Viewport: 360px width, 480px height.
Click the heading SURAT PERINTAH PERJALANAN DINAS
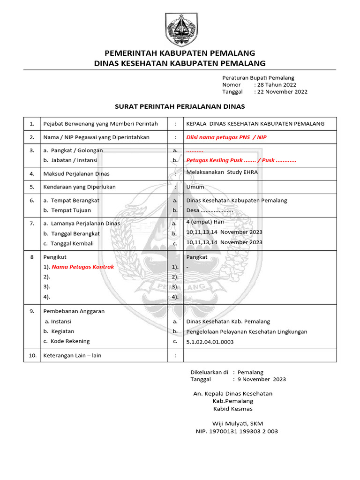[x=180, y=106]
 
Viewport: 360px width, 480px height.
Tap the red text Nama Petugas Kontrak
[x=82, y=267]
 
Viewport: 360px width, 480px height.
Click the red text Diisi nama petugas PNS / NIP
[x=226, y=137]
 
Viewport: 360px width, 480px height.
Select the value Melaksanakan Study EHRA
[x=222, y=172]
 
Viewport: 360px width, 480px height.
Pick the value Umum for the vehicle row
[x=195, y=187]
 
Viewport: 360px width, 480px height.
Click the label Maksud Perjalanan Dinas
[x=76, y=173]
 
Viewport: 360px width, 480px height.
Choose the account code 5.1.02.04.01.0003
[x=210, y=342]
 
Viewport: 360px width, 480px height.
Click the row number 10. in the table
[x=32, y=355]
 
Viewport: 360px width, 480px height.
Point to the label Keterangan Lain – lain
[x=72, y=355]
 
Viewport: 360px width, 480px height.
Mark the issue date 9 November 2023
[x=262, y=379]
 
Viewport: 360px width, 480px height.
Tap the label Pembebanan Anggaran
[x=74, y=311]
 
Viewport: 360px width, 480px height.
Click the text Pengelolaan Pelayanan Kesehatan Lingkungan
[x=247, y=331]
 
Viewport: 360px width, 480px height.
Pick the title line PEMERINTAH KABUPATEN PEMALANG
[x=180, y=52]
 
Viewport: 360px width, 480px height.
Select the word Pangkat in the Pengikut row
[x=197, y=257]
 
